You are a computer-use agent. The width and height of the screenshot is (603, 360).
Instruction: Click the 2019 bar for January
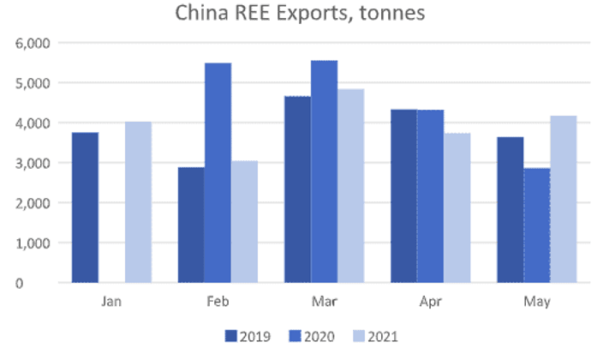point(86,207)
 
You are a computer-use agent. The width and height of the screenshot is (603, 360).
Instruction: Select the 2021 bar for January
point(138,202)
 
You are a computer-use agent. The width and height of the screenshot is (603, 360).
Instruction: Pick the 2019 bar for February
point(191,225)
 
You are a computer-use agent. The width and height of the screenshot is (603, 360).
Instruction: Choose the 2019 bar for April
point(403,196)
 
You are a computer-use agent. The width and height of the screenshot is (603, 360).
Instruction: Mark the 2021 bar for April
point(457,207)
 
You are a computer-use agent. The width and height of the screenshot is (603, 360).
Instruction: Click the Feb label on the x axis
point(218,303)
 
